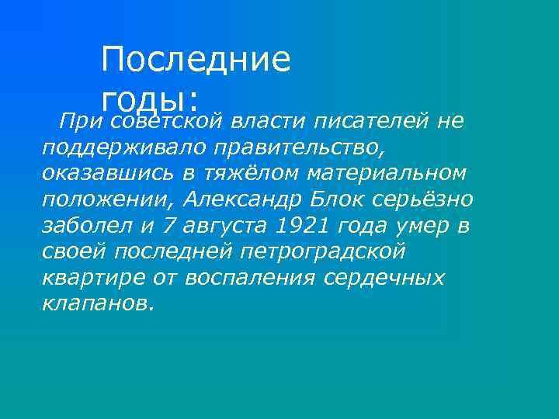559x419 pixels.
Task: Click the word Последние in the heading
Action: coord(196,61)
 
